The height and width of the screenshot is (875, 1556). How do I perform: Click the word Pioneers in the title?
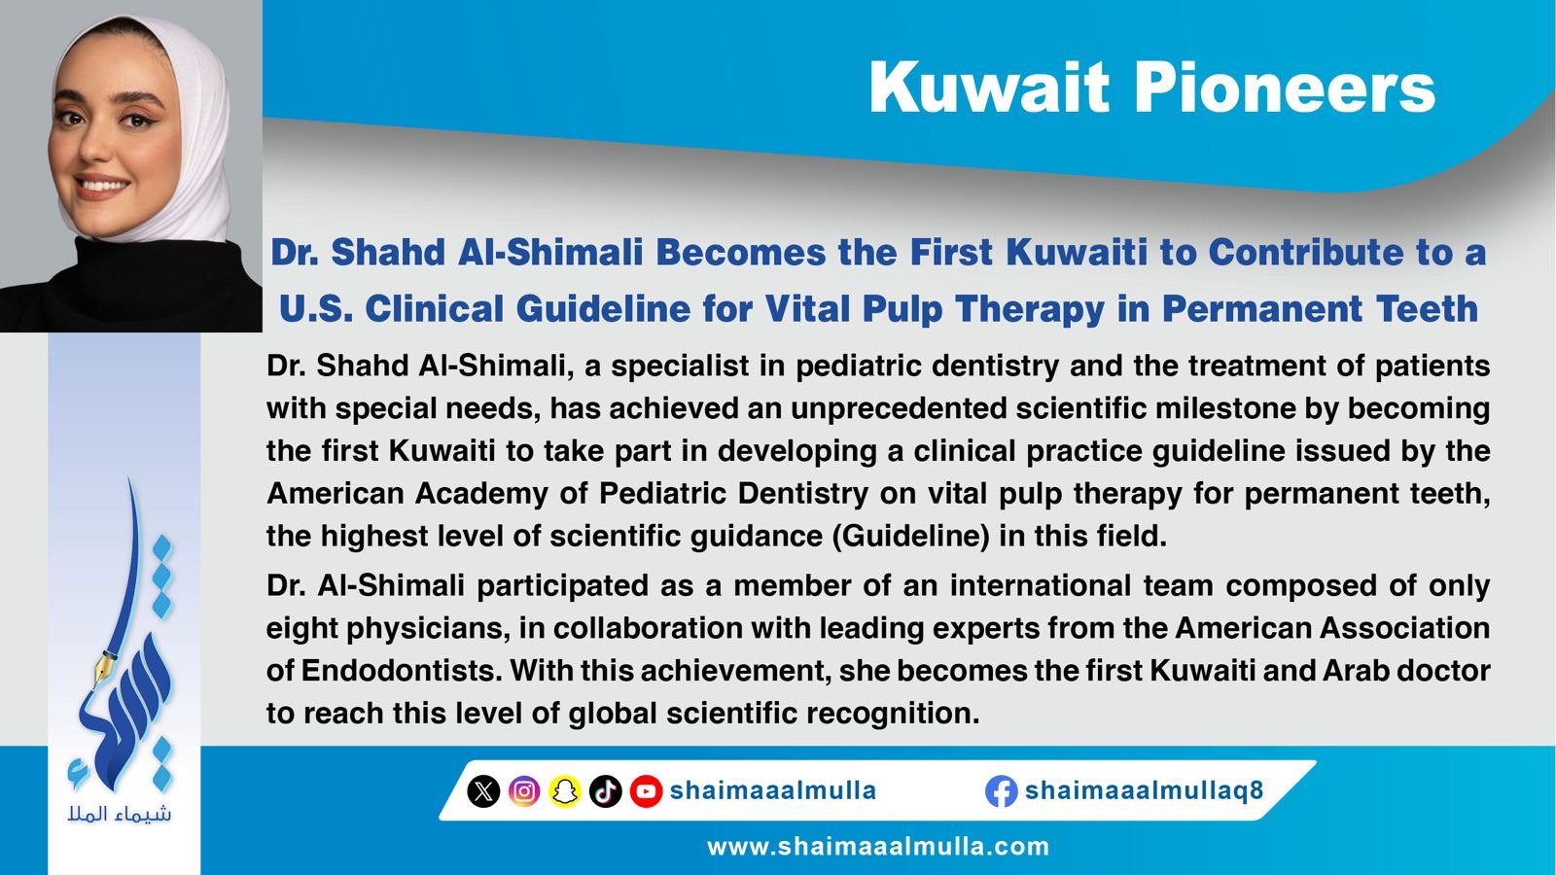[1285, 87]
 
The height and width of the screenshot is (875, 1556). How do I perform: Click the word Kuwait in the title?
[989, 87]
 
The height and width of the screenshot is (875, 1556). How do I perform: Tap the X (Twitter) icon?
[483, 791]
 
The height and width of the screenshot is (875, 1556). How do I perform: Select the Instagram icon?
[524, 791]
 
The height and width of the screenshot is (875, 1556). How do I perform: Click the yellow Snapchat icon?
[565, 791]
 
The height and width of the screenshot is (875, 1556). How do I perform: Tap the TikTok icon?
[605, 791]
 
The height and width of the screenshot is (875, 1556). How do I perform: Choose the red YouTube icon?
[646, 791]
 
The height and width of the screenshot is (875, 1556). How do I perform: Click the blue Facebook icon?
[1001, 791]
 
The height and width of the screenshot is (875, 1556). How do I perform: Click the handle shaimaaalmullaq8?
[1144, 790]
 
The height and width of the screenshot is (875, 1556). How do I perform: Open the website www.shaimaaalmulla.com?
[878, 847]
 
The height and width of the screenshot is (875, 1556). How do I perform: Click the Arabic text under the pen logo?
[120, 813]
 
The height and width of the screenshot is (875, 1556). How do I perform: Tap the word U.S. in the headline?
[316, 309]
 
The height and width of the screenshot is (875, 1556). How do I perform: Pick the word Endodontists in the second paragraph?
[402, 671]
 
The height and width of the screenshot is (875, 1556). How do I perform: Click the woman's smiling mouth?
[103, 186]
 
